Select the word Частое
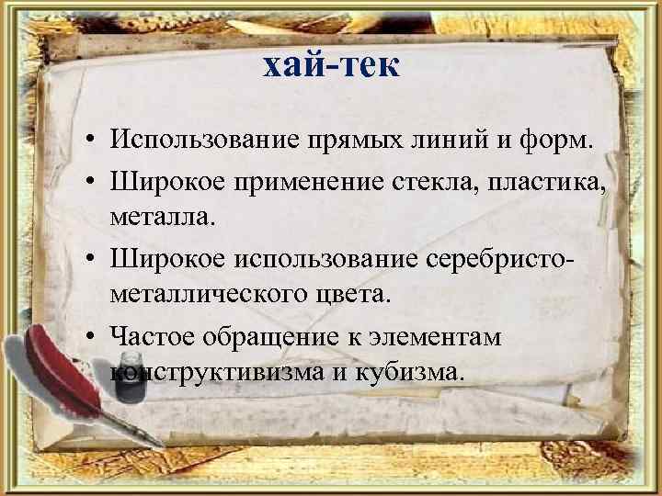(x=151, y=336)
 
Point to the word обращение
(x=269, y=336)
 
